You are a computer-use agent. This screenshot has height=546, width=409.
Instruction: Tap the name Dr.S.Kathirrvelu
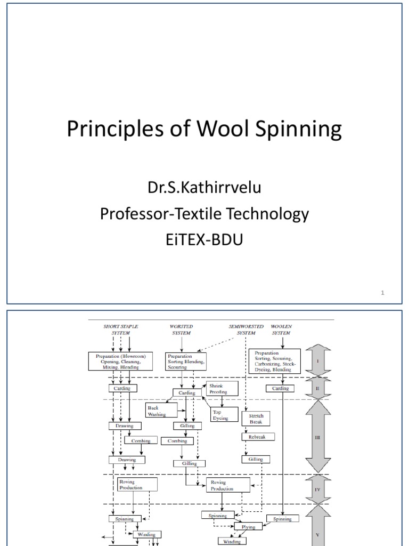click(204, 189)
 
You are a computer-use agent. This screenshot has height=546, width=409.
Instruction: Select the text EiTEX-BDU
click(204, 239)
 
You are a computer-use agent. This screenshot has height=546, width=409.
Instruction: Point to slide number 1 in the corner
click(383, 292)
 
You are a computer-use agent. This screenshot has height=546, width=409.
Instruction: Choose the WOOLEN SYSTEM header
click(281, 329)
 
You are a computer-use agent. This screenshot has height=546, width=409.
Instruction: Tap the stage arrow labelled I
click(317, 360)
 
